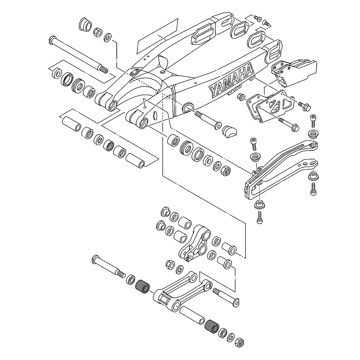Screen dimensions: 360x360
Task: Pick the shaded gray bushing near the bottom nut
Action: (x=211, y=326)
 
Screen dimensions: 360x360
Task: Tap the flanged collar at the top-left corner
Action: (x=85, y=26)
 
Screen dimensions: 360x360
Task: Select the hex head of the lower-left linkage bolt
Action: (x=96, y=259)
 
